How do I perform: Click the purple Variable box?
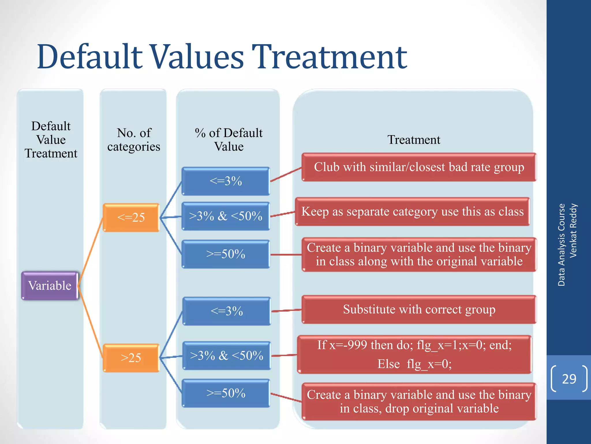tap(50, 286)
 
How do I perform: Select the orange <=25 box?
tap(131, 217)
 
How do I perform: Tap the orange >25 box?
tap(131, 358)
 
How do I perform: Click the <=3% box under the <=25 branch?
tap(226, 181)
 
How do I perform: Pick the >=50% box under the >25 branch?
tap(226, 393)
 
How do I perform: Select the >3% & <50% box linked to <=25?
tap(226, 216)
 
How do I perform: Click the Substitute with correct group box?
tap(419, 309)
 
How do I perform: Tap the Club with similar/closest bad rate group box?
tap(419, 167)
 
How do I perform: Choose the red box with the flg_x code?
tap(414, 354)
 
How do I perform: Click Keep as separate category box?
tap(412, 212)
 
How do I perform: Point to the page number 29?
tap(569, 379)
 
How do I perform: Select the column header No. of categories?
tap(134, 140)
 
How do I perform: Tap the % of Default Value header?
tap(229, 140)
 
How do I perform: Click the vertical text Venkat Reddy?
tap(573, 230)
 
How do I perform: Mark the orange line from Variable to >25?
tap(90, 321)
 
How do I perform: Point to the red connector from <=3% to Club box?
tap(286, 175)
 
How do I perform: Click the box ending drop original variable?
tap(419, 402)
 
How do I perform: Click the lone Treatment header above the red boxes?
tap(414, 140)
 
